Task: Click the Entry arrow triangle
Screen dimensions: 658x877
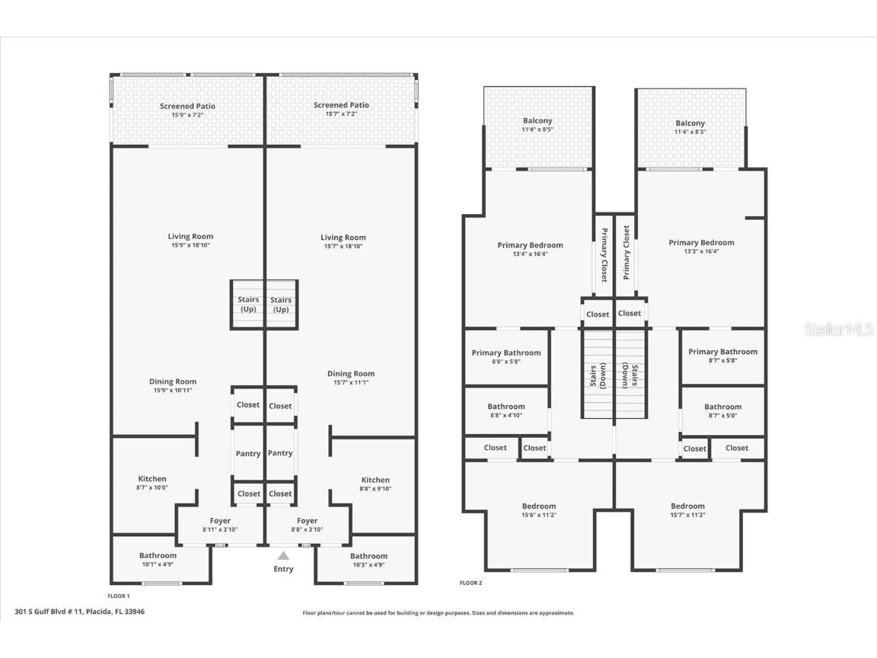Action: click(x=283, y=556)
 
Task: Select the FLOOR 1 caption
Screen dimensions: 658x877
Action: click(x=119, y=596)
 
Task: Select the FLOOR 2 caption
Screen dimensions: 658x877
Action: click(x=470, y=583)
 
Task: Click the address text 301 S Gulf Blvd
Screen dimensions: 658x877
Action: click(x=79, y=612)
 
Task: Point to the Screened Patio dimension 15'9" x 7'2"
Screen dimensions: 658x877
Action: click(x=187, y=114)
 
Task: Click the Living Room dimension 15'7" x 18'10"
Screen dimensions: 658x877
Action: click(x=343, y=246)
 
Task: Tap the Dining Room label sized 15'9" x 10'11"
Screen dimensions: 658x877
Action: click(x=173, y=382)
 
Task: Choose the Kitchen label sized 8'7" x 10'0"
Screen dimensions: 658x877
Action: click(x=152, y=479)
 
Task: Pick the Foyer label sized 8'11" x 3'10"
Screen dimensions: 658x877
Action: click(x=220, y=521)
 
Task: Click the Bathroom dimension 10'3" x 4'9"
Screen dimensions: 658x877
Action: click(x=368, y=564)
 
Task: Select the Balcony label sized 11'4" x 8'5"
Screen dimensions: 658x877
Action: click(x=537, y=121)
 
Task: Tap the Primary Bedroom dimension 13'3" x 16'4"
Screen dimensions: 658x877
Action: click(x=701, y=251)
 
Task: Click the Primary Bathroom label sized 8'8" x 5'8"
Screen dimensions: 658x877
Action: click(x=506, y=353)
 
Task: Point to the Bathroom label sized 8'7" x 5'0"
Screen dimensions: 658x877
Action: click(x=722, y=407)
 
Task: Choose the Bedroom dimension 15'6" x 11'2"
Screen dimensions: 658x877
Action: click(x=538, y=515)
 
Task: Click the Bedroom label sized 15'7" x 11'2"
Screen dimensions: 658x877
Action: click(x=687, y=506)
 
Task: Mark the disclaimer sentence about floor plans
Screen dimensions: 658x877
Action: click(x=438, y=613)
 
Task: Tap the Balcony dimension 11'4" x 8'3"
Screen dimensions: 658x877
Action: click(x=690, y=132)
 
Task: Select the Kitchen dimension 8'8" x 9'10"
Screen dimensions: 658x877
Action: click(x=375, y=488)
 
